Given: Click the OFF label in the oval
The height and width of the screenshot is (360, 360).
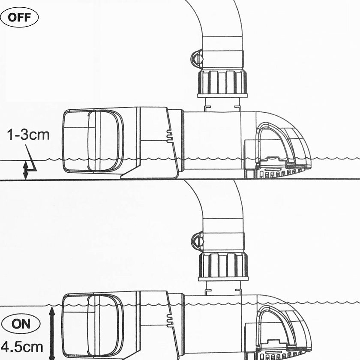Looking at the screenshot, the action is [19, 17].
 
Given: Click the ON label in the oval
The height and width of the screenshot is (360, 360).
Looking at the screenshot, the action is [21, 324].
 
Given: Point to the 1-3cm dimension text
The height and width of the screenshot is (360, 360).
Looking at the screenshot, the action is [28, 135].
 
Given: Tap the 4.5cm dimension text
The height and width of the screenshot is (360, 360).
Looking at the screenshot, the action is [22, 348].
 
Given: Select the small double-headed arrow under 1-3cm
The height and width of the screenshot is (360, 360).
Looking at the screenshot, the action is [26, 171].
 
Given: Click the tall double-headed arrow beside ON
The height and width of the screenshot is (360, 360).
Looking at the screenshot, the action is [52, 333].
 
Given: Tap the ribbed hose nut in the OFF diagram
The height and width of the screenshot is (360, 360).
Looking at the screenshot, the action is [222, 84].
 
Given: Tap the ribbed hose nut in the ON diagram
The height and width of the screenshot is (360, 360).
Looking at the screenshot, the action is [223, 266].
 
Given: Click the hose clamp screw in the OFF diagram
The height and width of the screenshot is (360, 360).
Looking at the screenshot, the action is [196, 59].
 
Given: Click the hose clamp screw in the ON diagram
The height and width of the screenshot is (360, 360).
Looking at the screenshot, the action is [197, 241].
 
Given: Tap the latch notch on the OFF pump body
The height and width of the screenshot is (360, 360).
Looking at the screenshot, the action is [170, 136].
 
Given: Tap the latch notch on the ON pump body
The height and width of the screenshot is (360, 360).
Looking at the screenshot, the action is [170, 320].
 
